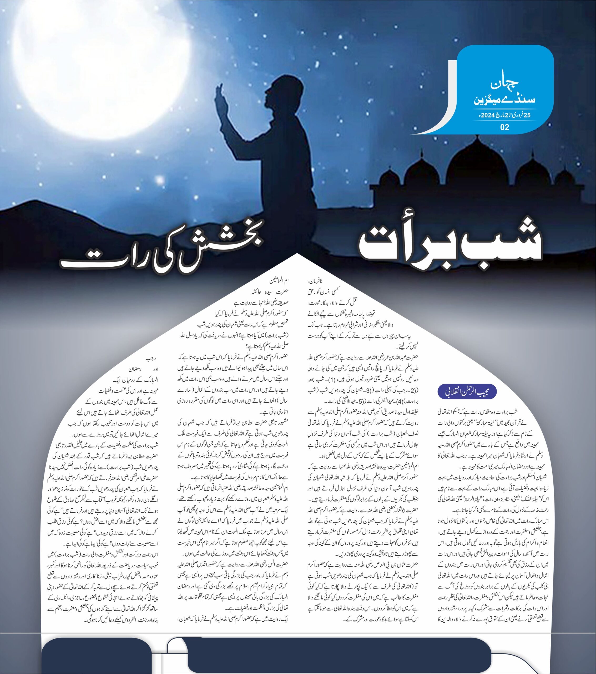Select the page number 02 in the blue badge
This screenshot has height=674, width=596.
504,127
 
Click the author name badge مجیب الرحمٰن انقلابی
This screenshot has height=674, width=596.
467,392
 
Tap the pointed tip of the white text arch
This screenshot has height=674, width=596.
298,255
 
